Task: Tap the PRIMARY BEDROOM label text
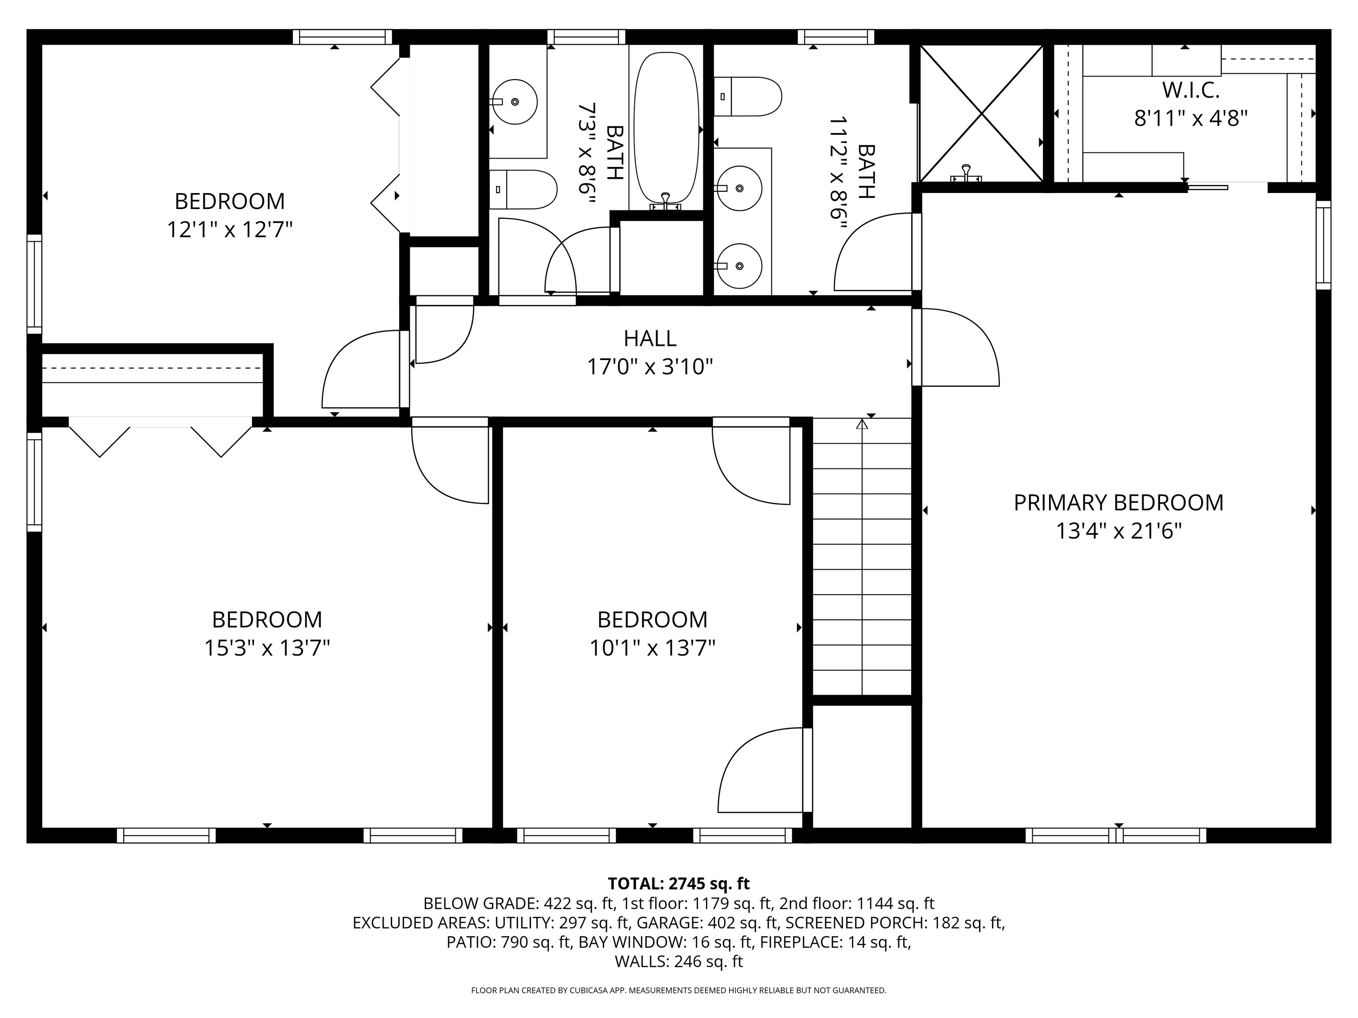1118,502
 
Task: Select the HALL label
650,338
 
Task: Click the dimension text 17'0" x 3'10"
650,367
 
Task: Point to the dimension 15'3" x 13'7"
267,648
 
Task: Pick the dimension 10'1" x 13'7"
652,648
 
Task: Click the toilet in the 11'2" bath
748,96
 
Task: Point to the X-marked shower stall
981,114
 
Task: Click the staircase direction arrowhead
862,423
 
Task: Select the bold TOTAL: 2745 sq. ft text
679,884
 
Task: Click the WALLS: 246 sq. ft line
679,961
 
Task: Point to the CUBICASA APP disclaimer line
679,991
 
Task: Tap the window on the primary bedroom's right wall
1324,245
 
